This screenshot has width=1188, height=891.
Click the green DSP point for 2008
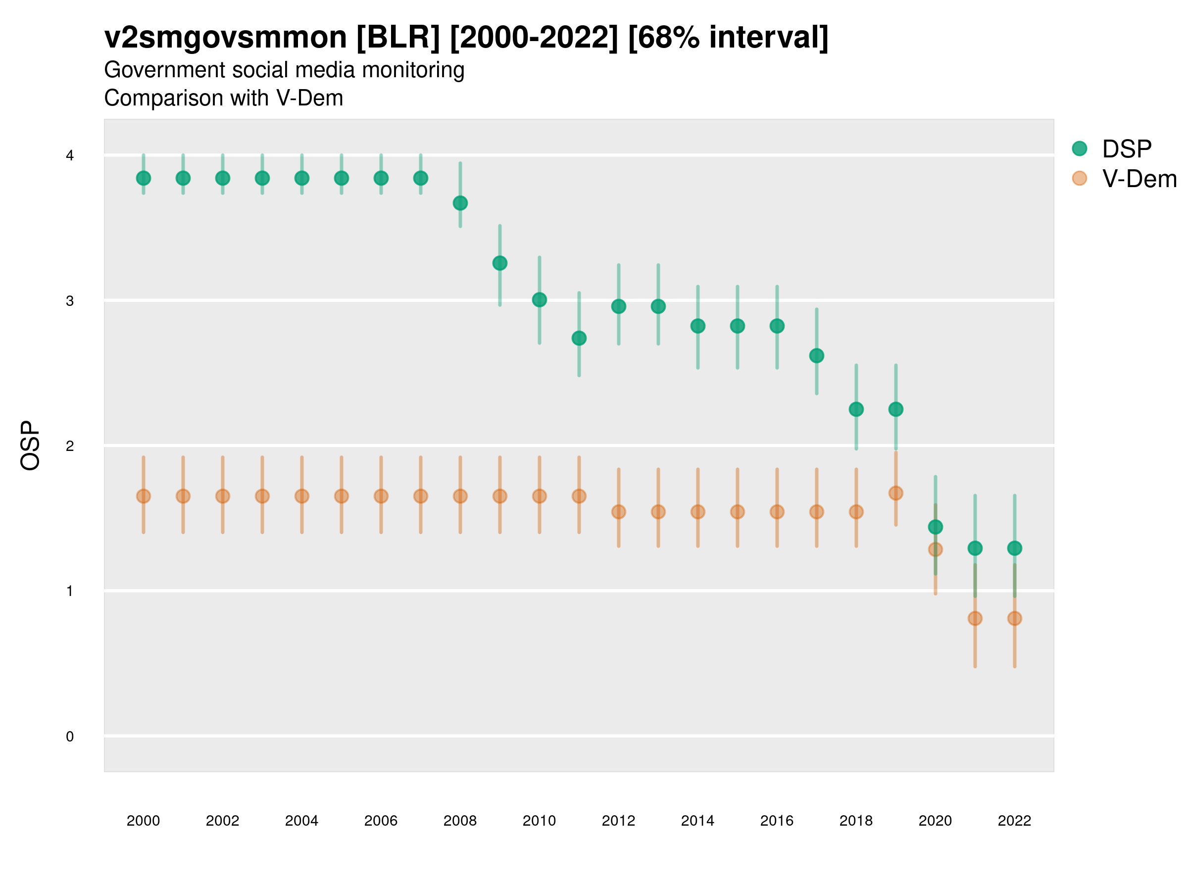coord(460,203)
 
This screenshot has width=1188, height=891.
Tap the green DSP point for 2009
coord(500,263)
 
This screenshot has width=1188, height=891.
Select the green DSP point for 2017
coord(816,355)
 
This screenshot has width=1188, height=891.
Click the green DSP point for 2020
coord(935,527)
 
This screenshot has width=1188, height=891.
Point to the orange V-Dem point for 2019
coord(896,493)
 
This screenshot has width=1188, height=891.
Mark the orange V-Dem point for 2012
coord(619,512)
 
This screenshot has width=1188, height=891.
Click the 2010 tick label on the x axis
coord(539,821)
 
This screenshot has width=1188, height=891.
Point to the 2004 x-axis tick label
coord(302,821)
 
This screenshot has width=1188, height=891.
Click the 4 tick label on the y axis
coord(70,156)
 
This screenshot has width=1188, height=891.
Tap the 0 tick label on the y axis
coord(70,737)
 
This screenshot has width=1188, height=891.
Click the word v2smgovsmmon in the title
coord(226,38)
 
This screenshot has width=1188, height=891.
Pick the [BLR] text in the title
coord(398,38)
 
